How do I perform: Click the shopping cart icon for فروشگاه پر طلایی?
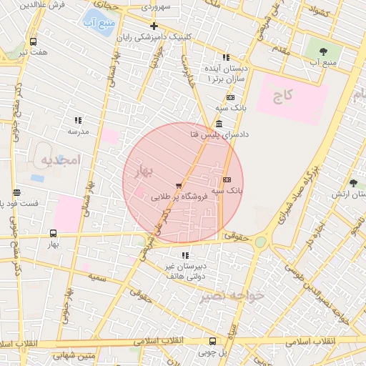[178, 186]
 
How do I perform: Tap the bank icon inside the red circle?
[227, 179]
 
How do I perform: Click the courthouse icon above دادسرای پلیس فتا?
[217, 124]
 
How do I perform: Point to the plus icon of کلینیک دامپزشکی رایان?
[153, 26]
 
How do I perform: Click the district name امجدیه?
[58, 158]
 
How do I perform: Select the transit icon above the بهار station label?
[53, 233]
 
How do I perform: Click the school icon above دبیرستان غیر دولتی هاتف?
[185, 254]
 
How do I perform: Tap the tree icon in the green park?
[323, 51]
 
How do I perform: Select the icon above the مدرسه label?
[78, 121]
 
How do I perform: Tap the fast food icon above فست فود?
[16, 192]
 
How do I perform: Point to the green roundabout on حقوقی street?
[260, 242]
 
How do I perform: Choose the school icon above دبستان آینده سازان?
[226, 57]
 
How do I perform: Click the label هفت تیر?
[34, 52]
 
